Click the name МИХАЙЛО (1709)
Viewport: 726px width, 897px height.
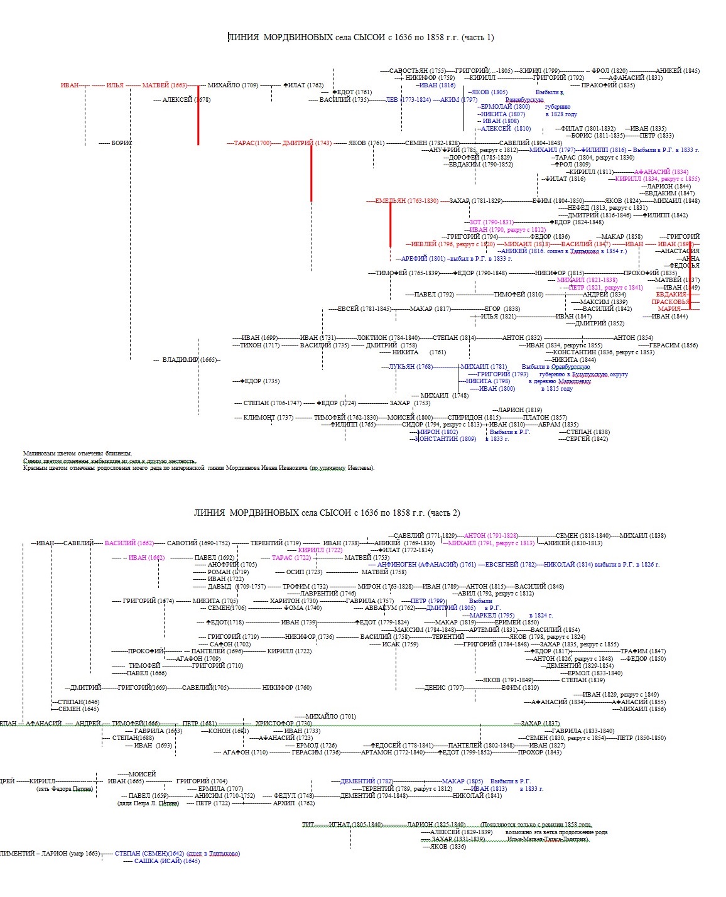232,85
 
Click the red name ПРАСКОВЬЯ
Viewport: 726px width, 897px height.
671,302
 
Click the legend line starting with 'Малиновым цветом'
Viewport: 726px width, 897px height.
78,453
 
